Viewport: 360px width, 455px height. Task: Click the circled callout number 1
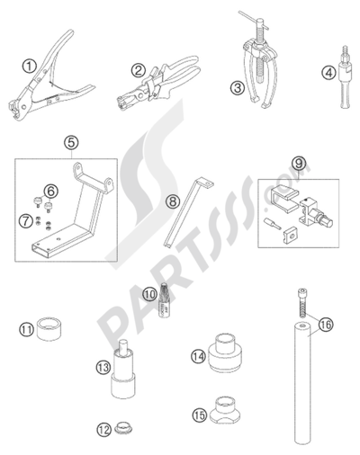(30, 65)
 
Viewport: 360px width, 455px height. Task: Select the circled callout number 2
(138, 69)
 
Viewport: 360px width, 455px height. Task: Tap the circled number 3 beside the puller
(237, 87)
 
